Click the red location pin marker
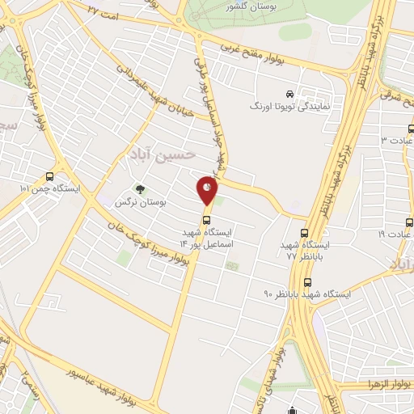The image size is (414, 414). [x=207, y=191]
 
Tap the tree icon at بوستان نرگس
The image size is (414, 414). [x=140, y=189]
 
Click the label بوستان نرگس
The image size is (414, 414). [x=140, y=202]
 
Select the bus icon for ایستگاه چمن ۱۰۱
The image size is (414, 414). [x=50, y=176]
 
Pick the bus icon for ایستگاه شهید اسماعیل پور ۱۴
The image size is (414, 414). [x=208, y=218]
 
